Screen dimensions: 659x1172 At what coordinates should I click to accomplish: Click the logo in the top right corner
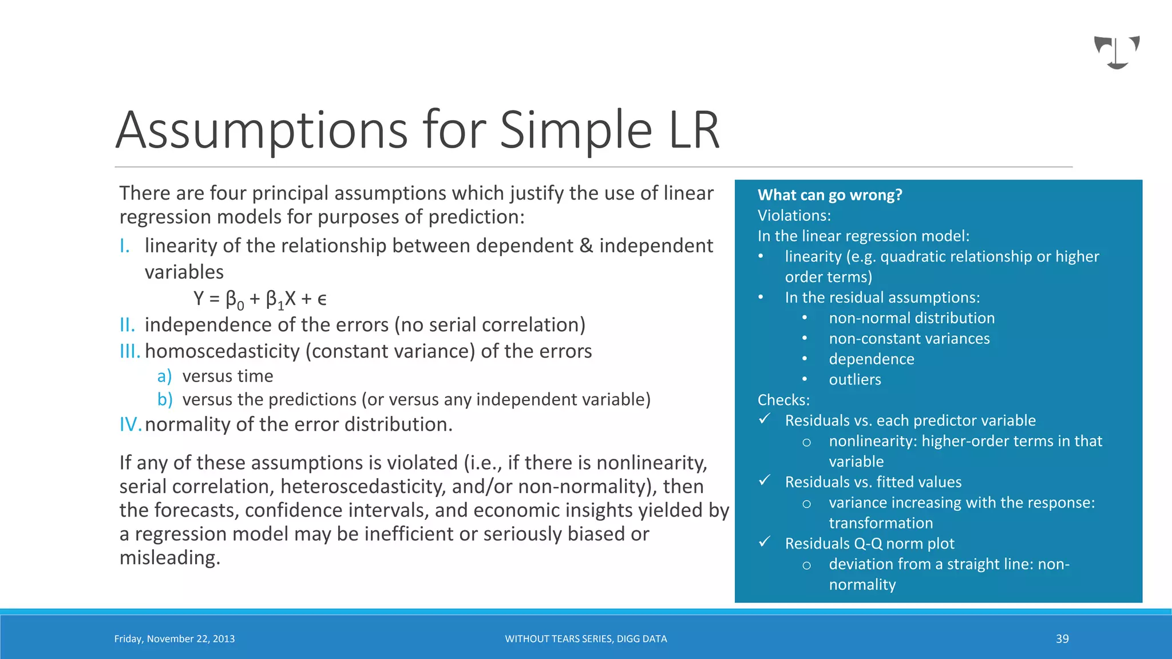[x=1116, y=52]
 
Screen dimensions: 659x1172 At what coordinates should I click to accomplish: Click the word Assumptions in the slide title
[x=262, y=130]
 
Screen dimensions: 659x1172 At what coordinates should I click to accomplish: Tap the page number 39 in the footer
[x=1062, y=639]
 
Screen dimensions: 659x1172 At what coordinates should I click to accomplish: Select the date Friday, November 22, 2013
[x=175, y=639]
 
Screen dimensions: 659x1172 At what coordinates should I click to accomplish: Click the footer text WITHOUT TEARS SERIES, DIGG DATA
[x=585, y=639]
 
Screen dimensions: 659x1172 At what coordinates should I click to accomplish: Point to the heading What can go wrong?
[x=829, y=195]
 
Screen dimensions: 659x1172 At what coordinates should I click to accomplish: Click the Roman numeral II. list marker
[x=127, y=325]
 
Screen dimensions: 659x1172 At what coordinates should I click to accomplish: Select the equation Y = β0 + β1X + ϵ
[x=260, y=299]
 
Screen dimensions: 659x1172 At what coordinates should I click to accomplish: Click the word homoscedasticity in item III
[x=222, y=351]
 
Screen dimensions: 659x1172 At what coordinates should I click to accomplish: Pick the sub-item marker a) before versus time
[x=164, y=376]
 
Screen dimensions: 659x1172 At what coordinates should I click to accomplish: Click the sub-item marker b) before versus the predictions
[x=165, y=399]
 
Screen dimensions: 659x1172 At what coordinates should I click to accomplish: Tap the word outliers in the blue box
[x=854, y=380]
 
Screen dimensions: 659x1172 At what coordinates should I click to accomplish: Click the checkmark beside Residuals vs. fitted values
[x=765, y=481]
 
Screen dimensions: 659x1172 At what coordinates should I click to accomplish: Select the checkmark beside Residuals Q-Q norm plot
[x=765, y=542]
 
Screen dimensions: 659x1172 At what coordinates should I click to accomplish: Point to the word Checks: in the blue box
[x=783, y=400]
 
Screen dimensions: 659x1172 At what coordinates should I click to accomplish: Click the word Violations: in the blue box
[x=794, y=216]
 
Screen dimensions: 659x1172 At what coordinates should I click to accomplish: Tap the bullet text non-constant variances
[x=909, y=339]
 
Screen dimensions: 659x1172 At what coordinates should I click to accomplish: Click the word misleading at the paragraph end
[x=169, y=558]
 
